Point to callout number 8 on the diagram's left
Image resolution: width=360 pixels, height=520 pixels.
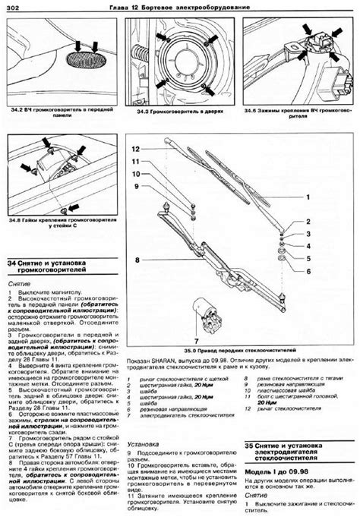pyautogui.click(x=137, y=260)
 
